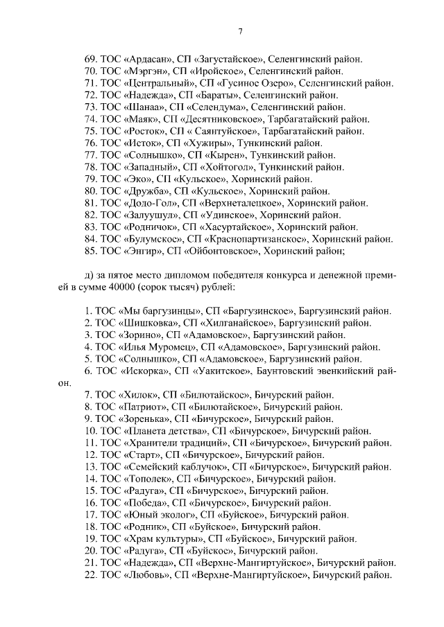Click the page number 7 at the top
[x=239, y=31]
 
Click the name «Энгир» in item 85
[x=142, y=251]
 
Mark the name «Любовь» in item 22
[x=146, y=575]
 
